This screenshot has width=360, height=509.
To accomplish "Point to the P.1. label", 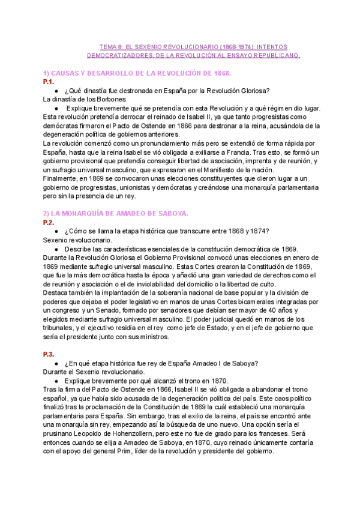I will (x=49, y=81).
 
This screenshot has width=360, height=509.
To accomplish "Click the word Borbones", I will (x=109, y=99).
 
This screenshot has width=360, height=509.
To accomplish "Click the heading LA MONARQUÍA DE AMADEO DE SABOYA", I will (x=116, y=214).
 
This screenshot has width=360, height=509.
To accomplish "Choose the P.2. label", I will (x=49, y=222).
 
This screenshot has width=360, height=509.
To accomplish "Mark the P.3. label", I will (x=49, y=354).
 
